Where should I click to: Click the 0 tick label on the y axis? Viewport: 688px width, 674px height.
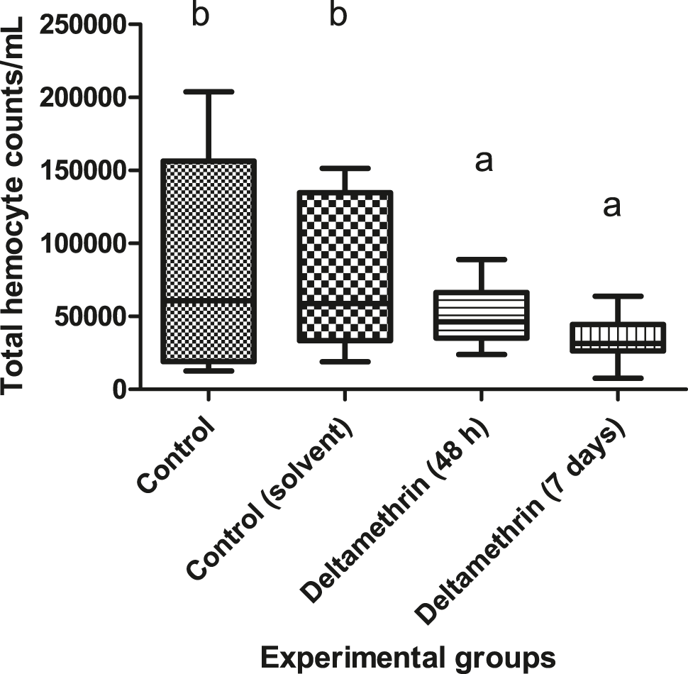tap(118, 390)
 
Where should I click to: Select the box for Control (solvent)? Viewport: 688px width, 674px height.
tap(345, 267)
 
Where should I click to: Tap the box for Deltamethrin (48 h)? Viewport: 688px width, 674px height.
tap(482, 315)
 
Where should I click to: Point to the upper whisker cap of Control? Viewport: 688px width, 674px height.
tap(207, 92)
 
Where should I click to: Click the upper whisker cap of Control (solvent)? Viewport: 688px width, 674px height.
tap(345, 168)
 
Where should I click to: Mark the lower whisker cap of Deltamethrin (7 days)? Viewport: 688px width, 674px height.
tap(618, 378)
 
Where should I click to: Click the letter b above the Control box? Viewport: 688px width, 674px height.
tap(201, 15)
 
